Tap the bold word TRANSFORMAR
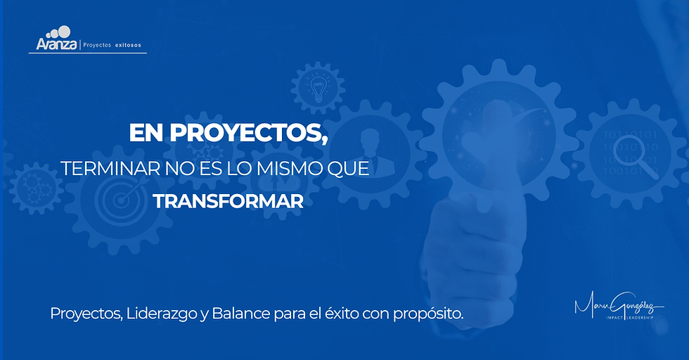(228, 201)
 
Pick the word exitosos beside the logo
(128, 45)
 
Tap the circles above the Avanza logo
(58, 32)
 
